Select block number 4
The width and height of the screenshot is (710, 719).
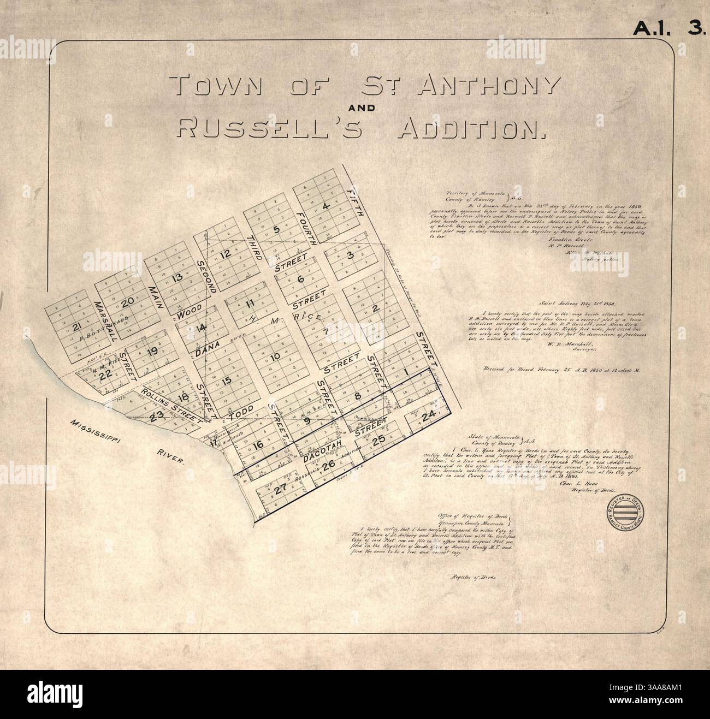coord(326,206)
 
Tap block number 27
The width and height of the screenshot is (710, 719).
coord(280,490)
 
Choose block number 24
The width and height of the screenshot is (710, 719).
coord(429,415)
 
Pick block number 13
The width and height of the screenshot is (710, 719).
coord(176,277)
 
